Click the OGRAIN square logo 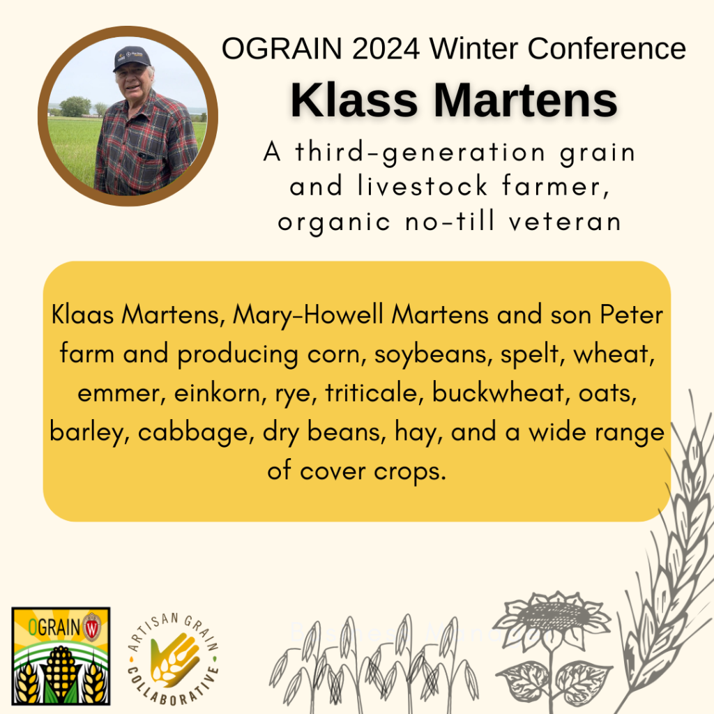61,655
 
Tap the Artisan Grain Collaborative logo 174,659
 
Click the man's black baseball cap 132,58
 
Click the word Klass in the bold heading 354,100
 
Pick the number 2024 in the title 386,48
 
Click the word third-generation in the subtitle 420,153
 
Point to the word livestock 423,186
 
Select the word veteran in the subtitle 565,222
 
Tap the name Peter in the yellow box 632,315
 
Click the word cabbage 196,432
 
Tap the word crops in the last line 410,472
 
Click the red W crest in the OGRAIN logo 92,627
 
